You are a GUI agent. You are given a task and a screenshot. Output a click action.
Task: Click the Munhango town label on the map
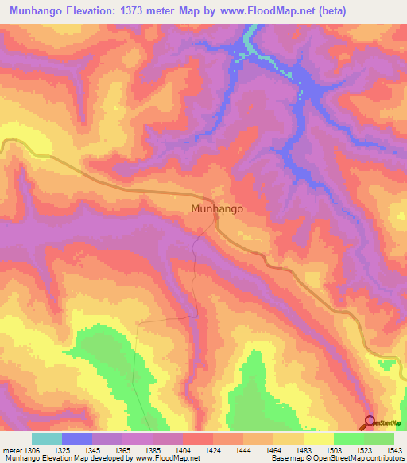tap(217, 209)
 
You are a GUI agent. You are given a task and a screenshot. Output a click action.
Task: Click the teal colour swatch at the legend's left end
tap(47, 438)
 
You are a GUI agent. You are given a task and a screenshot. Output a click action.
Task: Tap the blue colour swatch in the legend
tap(77, 438)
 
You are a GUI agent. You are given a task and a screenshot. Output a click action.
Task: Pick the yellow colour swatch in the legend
tap(319, 438)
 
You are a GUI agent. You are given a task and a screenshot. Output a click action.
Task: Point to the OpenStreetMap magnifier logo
tap(370, 422)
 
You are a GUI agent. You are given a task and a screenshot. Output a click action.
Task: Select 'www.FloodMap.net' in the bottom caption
tap(165, 458)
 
